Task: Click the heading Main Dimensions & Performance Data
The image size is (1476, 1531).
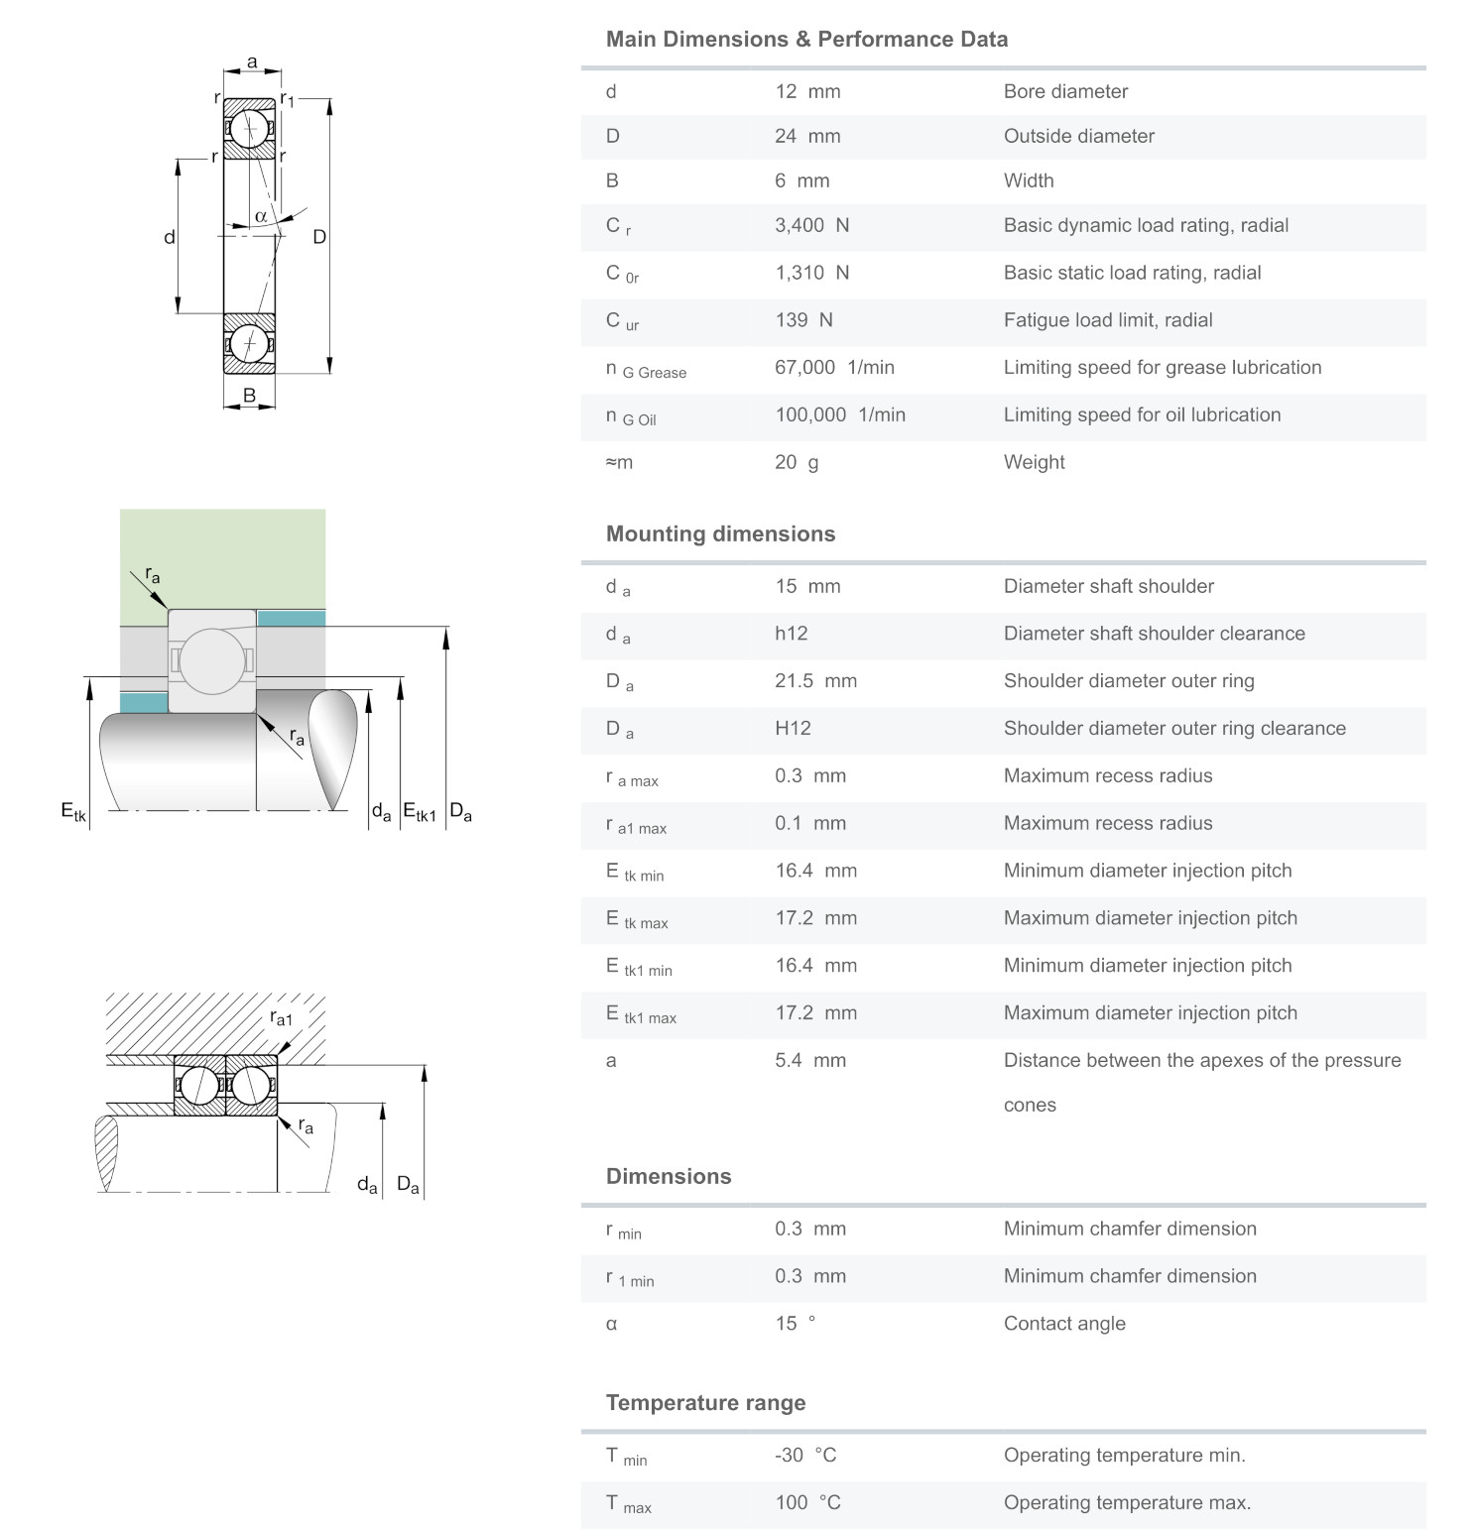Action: pyautogui.click(x=806, y=40)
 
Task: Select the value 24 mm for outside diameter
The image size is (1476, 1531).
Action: pyautogui.click(x=806, y=136)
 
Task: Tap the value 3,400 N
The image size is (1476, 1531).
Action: pyautogui.click(x=811, y=225)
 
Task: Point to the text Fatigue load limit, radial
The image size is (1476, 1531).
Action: pyautogui.click(x=1107, y=320)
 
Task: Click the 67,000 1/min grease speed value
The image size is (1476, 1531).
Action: pyautogui.click(x=833, y=368)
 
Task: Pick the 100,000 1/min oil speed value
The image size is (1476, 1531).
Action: pyautogui.click(x=839, y=415)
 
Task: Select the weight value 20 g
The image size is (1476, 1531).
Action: pyautogui.click(x=796, y=462)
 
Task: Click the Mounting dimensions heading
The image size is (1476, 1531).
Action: pyautogui.click(x=720, y=534)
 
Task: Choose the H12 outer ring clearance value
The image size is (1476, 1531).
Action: pyautogui.click(x=793, y=729)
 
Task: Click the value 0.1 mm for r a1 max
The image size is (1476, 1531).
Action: pyautogui.click(x=809, y=823)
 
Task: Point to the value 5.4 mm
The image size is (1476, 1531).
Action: pyautogui.click(x=809, y=1061)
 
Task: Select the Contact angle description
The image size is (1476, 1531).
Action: pyautogui.click(x=1063, y=1324)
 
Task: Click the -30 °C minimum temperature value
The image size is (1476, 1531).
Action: pyautogui.click(x=804, y=1456)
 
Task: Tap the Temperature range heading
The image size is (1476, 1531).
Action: pyautogui.click(x=705, y=1403)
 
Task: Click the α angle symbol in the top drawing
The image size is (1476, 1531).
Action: pyautogui.click(x=261, y=216)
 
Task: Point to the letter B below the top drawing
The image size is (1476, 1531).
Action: pyautogui.click(x=249, y=396)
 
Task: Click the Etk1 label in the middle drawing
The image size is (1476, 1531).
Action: pyautogui.click(x=419, y=812)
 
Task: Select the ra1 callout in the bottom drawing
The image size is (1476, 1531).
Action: pyautogui.click(x=282, y=1018)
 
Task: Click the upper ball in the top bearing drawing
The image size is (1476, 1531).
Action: pyautogui.click(x=249, y=128)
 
